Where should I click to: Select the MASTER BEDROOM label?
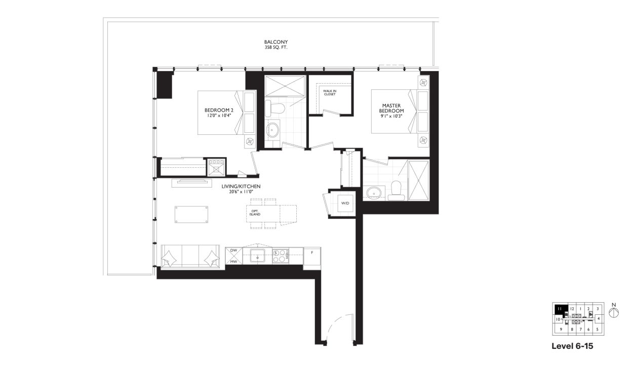pyautogui.click(x=393, y=108)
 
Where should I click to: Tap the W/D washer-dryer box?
pyautogui.click(x=345, y=203)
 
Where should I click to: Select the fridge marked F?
pyautogui.click(x=312, y=256)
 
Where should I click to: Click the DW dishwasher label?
pyautogui.click(x=233, y=251)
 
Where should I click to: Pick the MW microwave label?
pyautogui.click(x=233, y=262)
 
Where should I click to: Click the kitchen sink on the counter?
pyautogui.click(x=258, y=255)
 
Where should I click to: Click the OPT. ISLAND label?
pyautogui.click(x=255, y=212)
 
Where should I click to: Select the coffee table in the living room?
pyautogui.click(x=191, y=214)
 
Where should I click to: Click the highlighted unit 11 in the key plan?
pyautogui.click(x=560, y=308)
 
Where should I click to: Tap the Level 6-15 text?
pyautogui.click(x=572, y=347)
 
